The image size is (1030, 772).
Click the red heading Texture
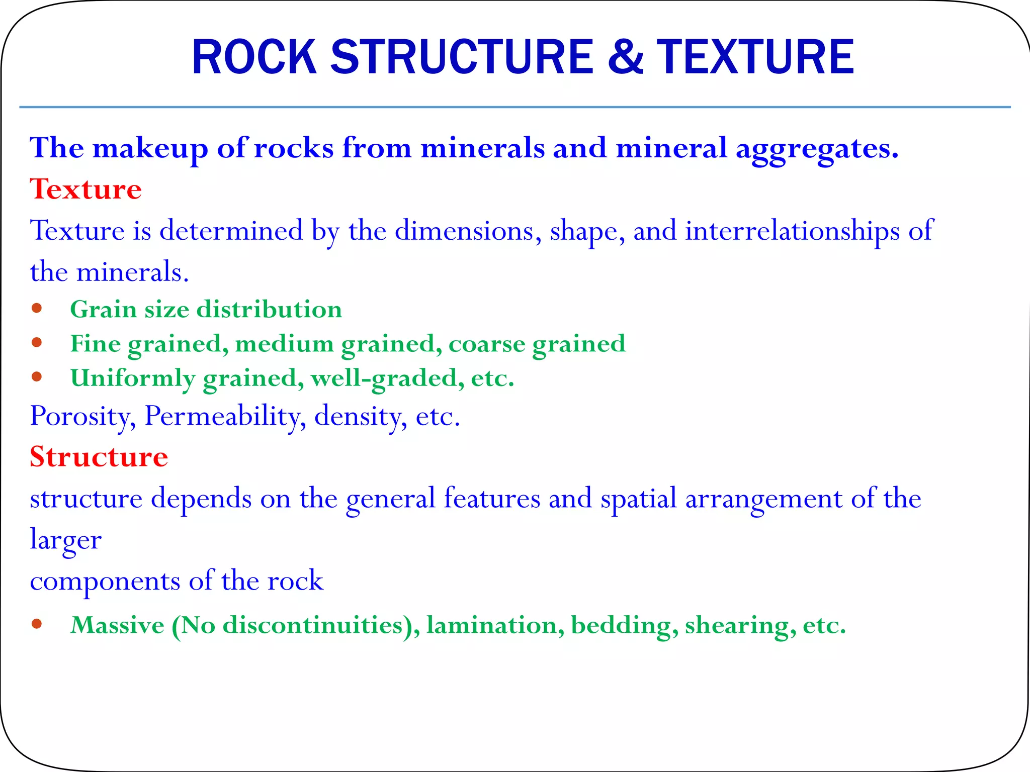pos(85,189)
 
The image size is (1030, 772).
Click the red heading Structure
pos(99,457)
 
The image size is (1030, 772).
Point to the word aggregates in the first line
pos(817,149)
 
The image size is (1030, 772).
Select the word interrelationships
pos(792,231)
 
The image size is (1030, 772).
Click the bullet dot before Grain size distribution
pos(36,308)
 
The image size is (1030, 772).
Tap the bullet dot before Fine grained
pos(36,343)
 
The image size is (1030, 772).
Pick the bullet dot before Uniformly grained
pos(36,376)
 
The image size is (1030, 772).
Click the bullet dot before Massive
pos(36,624)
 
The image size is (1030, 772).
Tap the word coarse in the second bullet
pos(486,344)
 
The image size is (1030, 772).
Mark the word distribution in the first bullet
pos(269,309)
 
